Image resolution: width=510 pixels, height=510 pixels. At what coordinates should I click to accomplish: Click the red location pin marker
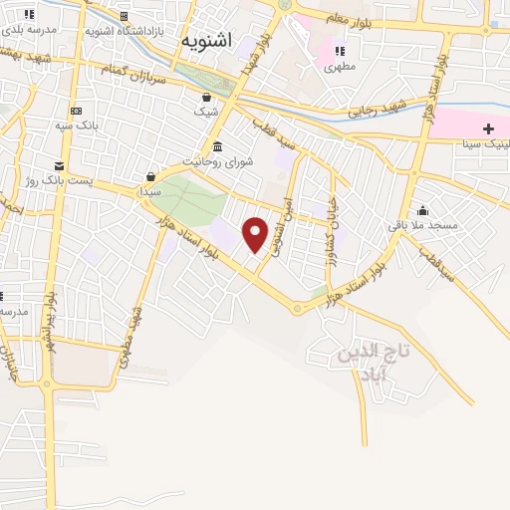click(x=255, y=234)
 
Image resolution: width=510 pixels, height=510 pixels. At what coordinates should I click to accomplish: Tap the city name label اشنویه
click(x=207, y=40)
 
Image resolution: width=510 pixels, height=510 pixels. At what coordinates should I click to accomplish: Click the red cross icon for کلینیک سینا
click(x=488, y=128)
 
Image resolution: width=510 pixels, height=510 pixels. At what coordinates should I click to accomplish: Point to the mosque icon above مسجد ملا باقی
click(x=422, y=210)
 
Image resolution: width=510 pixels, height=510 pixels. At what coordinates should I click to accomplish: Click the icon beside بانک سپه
click(x=76, y=110)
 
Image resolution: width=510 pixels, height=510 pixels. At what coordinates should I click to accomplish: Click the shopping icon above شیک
click(x=206, y=98)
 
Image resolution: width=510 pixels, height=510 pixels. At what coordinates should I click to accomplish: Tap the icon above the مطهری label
click(x=339, y=51)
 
